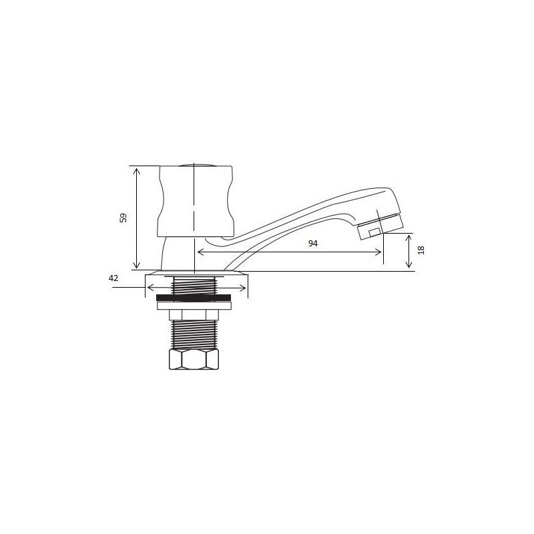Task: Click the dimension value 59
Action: point(123,218)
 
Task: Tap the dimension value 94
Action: point(313,243)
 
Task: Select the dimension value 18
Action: point(421,250)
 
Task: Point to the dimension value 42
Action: point(113,278)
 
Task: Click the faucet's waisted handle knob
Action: point(196,202)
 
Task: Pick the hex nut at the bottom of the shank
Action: point(194,359)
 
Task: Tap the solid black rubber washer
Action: point(194,298)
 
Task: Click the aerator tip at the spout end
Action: point(380,227)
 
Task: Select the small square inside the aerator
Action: point(374,232)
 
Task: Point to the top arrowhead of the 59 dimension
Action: point(137,170)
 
